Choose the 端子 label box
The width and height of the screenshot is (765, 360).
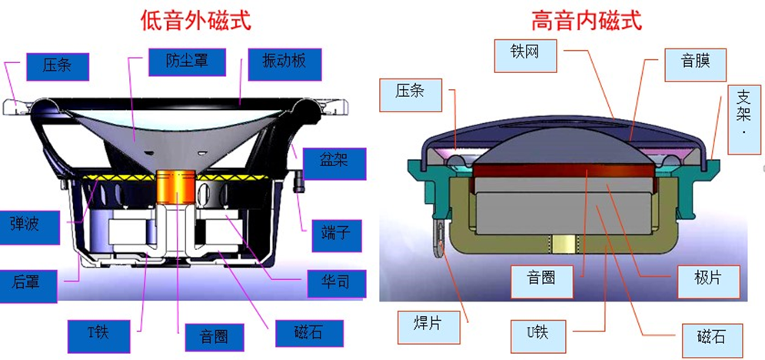[333, 230]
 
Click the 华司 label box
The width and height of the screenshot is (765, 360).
[333, 282]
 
